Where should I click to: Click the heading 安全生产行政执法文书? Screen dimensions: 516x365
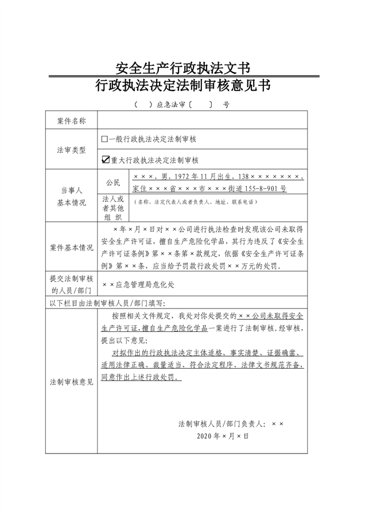coord(182,68)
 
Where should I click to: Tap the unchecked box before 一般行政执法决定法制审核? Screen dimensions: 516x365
coord(104,139)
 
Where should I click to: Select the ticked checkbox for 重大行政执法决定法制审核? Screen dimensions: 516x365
coord(104,160)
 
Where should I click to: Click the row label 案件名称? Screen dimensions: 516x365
coord(72,120)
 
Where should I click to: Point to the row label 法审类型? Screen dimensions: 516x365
coord(72,150)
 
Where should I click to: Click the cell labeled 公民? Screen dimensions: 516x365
coord(113,183)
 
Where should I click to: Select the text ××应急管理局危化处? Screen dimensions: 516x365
coord(136,284)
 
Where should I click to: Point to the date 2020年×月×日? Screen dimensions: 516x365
coord(223,436)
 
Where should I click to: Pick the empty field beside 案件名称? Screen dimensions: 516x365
coord(202,120)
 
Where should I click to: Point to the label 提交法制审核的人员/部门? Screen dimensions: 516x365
coord(72,284)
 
